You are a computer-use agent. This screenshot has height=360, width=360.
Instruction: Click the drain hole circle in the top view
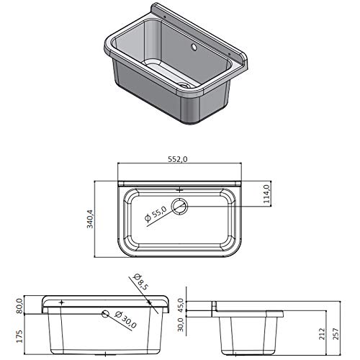pyautogui.click(x=179, y=207)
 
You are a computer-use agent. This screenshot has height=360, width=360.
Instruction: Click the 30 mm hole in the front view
pyautogui.click(x=107, y=314)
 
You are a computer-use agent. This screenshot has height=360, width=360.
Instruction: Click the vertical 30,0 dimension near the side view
pyautogui.click(x=181, y=325)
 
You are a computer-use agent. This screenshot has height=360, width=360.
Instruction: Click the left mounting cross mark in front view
pyautogui.click(x=63, y=302)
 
